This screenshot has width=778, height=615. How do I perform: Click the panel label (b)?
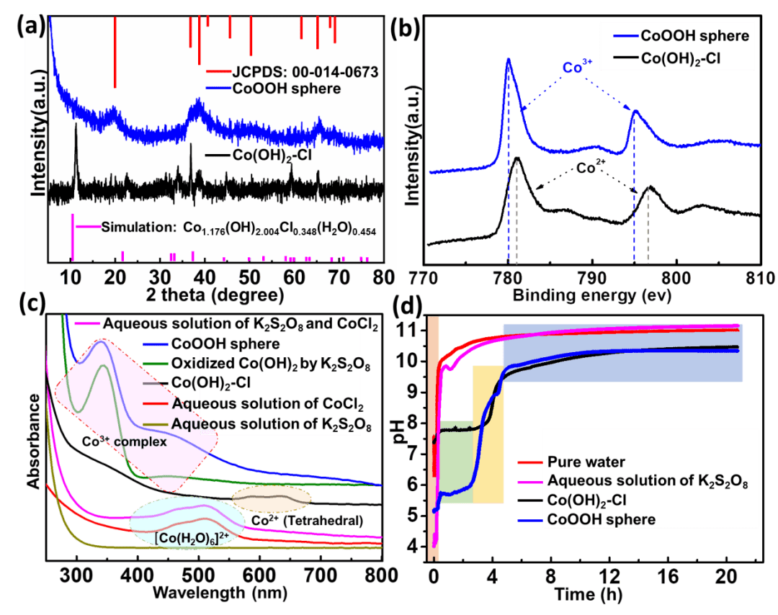tap(406, 27)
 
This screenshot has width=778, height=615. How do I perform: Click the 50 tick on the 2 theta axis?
tap(251, 276)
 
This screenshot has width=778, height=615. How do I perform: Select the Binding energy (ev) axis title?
tap(592, 295)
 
